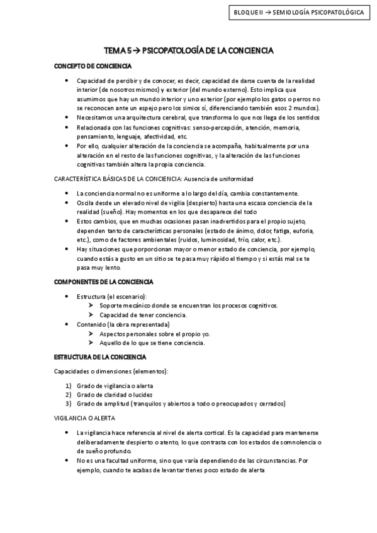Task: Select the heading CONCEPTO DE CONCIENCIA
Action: click(x=93, y=65)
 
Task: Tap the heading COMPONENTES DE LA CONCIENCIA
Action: click(x=104, y=282)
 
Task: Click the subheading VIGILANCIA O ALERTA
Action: click(x=85, y=417)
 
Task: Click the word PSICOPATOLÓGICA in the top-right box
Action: click(x=337, y=13)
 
